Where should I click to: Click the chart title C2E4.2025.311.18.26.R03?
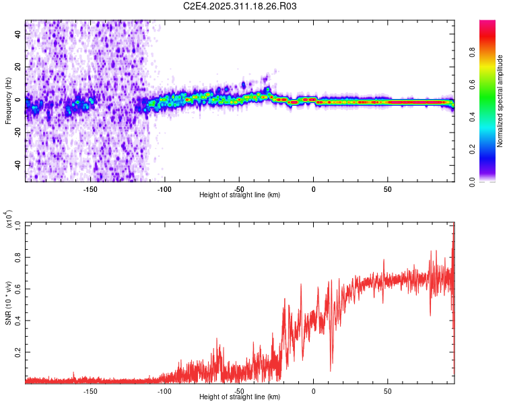coord(240,6)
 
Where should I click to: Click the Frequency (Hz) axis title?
coord(8,101)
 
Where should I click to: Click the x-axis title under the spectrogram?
coord(240,195)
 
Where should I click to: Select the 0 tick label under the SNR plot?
coord(313,391)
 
